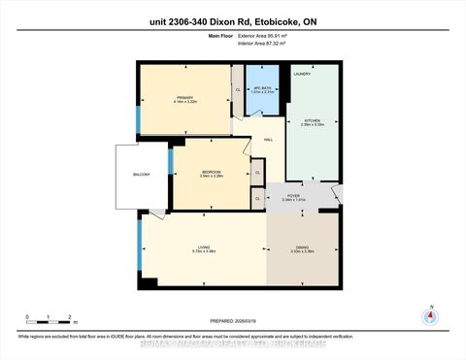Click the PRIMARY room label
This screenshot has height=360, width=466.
[185, 98]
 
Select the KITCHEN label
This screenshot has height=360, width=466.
[312, 122]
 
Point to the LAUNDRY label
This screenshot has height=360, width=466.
[301, 74]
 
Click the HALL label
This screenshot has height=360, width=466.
[269, 139]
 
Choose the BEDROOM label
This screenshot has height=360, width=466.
[211, 172]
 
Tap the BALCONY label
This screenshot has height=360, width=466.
[142, 175]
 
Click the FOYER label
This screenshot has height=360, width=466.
[292, 197]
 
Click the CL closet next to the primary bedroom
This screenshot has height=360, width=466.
[238, 90]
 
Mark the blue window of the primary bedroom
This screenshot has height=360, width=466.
[138, 117]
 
